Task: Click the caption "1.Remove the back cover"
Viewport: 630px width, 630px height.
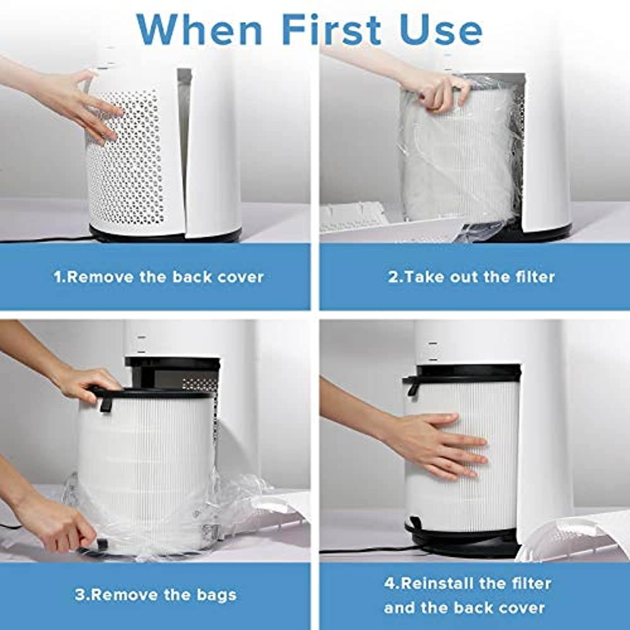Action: click(x=158, y=277)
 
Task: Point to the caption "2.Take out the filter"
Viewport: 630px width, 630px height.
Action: click(x=471, y=277)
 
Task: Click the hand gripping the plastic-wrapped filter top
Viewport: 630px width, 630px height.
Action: click(x=441, y=88)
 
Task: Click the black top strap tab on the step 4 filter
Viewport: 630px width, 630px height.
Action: click(x=413, y=384)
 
